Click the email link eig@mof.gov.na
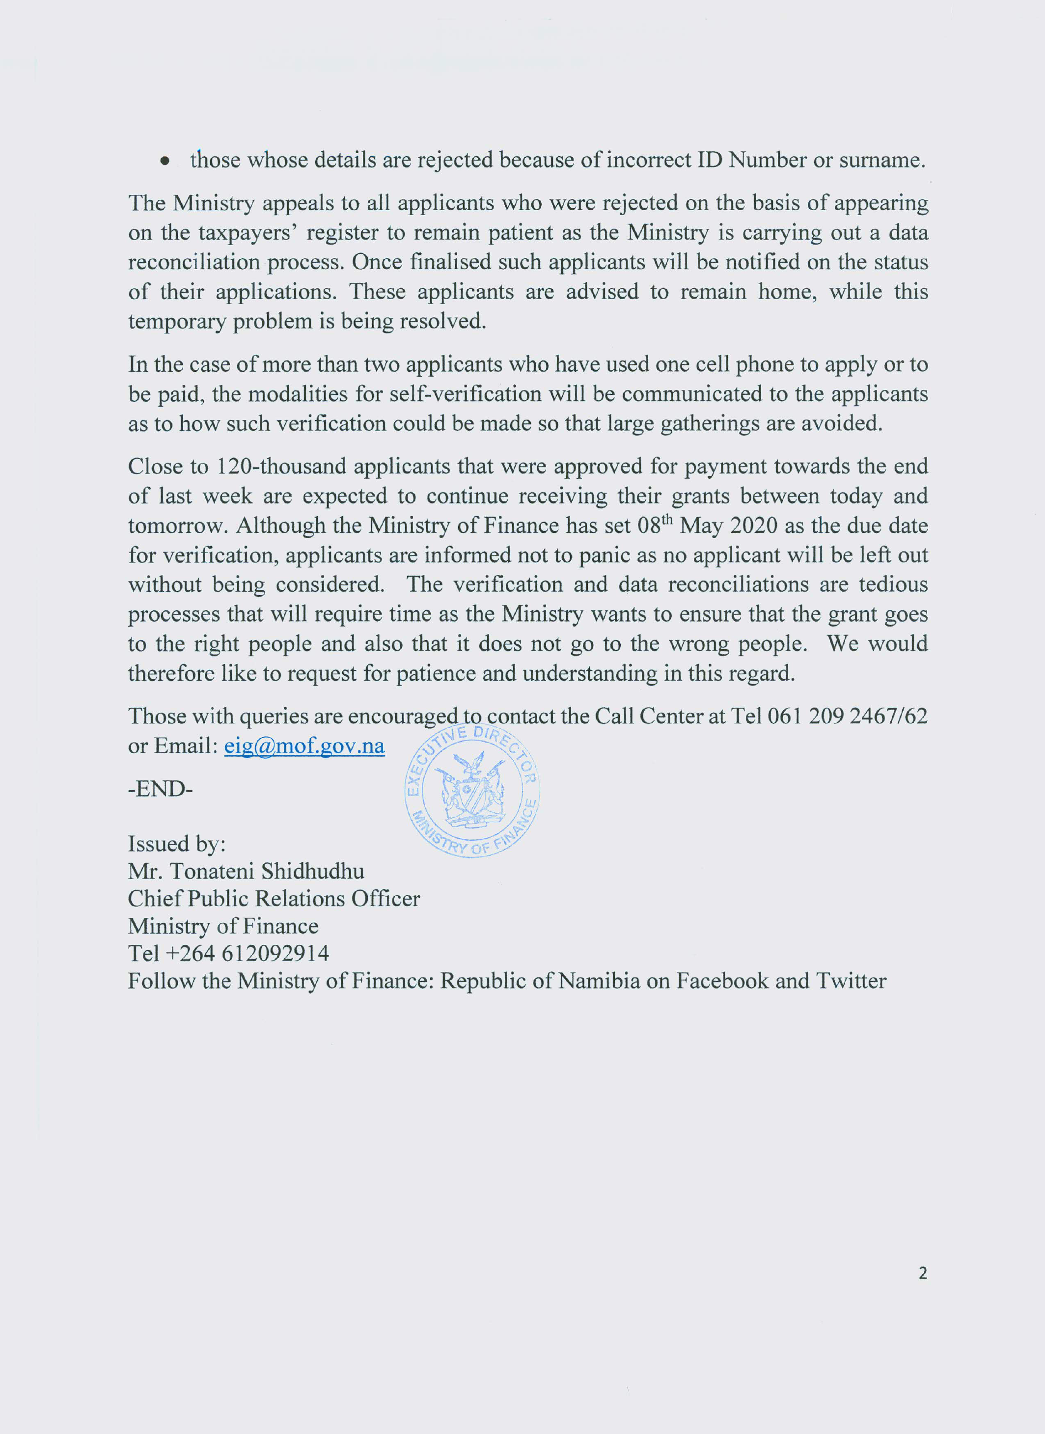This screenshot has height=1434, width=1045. [x=304, y=746]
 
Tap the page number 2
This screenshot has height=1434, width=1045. [x=922, y=1273]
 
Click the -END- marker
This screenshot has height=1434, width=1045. [x=160, y=789]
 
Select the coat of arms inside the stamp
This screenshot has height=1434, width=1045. [x=472, y=791]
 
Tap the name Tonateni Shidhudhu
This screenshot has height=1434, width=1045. [x=267, y=871]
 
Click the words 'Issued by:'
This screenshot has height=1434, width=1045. [x=176, y=844]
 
